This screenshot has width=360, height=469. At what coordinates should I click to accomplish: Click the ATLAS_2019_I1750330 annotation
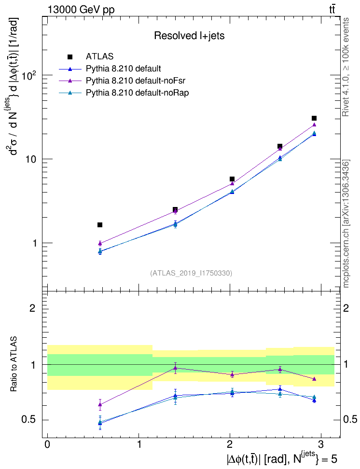(x=191, y=273)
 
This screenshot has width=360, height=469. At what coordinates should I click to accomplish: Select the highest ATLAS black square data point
(x=314, y=118)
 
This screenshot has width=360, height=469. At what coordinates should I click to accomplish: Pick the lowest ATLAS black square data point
(x=100, y=225)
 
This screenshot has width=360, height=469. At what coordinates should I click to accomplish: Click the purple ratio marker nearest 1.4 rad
(x=176, y=368)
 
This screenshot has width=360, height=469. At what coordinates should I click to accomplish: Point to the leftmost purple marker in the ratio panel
(x=100, y=405)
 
